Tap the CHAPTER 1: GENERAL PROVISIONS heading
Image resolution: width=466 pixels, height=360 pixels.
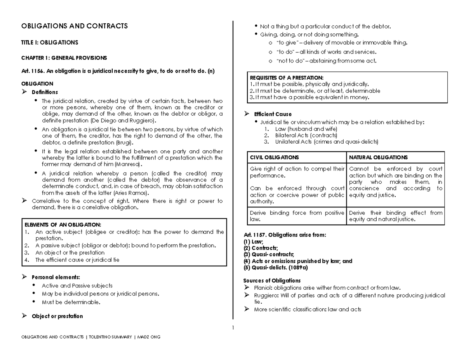pos(64,58)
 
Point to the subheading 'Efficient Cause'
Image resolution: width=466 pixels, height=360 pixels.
pos(273,114)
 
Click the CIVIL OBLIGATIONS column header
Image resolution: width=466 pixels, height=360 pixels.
pos(275,157)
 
